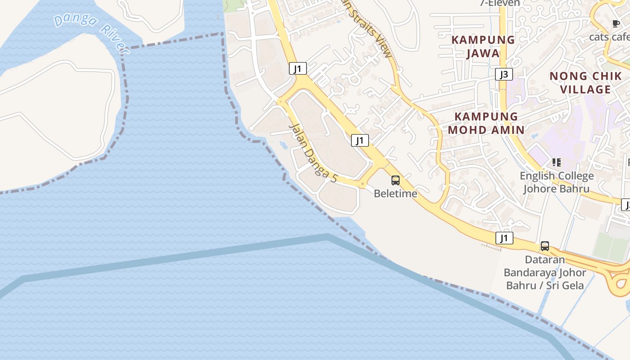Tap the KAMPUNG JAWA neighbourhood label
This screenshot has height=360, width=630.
(x=483, y=46)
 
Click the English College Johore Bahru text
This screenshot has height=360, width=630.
(x=557, y=182)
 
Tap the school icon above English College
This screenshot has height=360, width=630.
(x=557, y=162)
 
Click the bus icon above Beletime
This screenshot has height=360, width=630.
(x=396, y=180)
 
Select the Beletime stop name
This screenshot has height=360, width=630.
(x=396, y=193)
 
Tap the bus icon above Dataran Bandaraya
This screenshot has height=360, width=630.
(x=545, y=246)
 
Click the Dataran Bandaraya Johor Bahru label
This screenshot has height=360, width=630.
(x=545, y=273)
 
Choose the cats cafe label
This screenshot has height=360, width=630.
(x=610, y=37)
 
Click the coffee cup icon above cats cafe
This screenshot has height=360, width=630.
(x=616, y=24)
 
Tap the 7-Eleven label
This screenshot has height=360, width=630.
(x=499, y=3)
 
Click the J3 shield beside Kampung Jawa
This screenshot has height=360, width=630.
(x=504, y=74)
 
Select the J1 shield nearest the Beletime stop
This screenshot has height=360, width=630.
(x=360, y=140)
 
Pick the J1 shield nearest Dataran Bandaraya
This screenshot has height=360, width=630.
(x=504, y=238)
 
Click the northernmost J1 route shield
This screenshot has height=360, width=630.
(x=297, y=68)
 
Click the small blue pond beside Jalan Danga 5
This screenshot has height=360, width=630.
(x=283, y=145)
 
